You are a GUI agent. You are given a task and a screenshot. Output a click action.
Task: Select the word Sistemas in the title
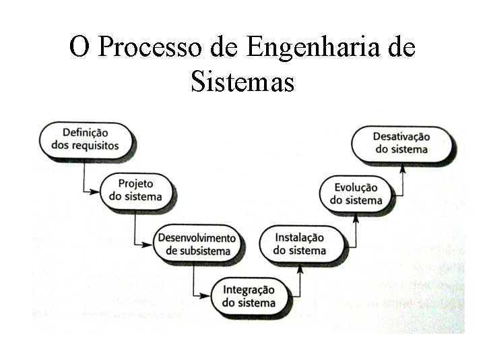pyautogui.click(x=243, y=83)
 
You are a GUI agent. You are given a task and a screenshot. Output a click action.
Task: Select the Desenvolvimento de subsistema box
pyautogui.click(x=196, y=244)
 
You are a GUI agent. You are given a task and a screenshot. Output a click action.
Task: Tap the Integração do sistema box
pyautogui.click(x=249, y=297)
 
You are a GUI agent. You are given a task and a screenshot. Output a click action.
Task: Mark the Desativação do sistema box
pyautogui.click(x=401, y=143)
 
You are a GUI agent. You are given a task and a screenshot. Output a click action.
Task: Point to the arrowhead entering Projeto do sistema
pyautogui.click(x=96, y=191)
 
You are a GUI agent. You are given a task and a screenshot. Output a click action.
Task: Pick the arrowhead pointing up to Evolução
pyautogui.click(x=355, y=216)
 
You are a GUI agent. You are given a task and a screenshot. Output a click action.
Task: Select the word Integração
pyautogui.click(x=249, y=290)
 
